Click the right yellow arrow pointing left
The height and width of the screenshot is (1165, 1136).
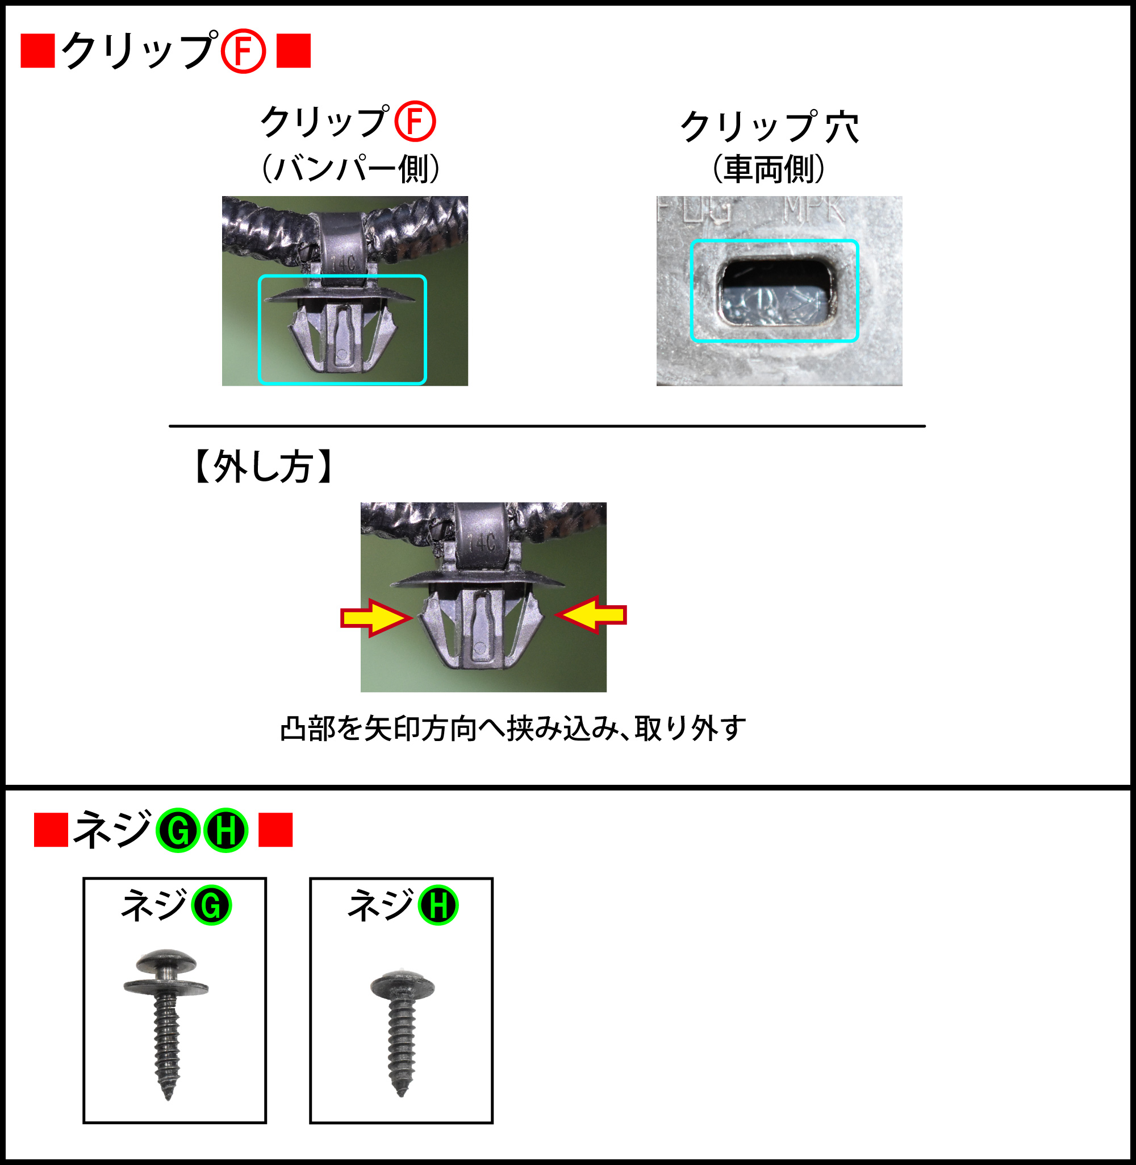point(591,615)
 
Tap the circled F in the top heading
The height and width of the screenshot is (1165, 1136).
point(243,52)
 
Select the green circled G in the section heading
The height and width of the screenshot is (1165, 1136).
point(178,830)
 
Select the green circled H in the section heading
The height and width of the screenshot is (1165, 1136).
point(225,830)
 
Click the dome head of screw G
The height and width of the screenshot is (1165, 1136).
point(166,962)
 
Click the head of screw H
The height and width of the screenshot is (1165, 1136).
point(402,985)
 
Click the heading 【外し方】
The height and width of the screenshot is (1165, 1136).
point(263,467)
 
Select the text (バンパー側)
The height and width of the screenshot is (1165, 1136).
point(351,169)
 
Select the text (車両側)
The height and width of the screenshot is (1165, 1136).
point(769,169)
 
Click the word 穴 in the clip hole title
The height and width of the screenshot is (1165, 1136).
point(842,127)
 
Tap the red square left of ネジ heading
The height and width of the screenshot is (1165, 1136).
point(51,830)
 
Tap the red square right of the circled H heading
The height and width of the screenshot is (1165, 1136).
point(275,830)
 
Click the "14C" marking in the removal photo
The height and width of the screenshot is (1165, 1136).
point(482,543)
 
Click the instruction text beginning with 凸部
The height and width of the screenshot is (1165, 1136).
point(512,729)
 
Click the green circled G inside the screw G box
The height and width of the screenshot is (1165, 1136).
point(211,905)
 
